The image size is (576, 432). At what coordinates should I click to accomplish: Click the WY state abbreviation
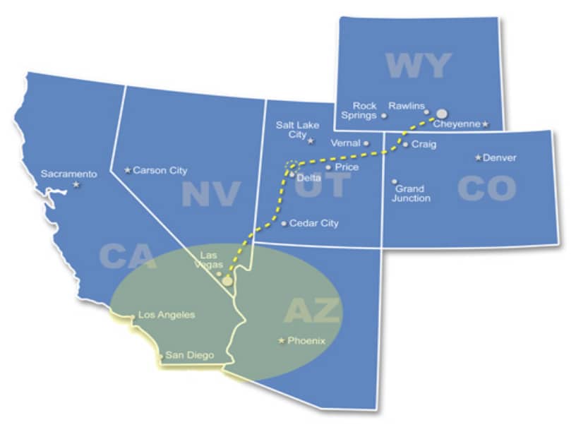point(418,66)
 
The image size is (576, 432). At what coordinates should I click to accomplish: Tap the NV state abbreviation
point(211,193)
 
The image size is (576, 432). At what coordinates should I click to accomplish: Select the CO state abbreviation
point(486,188)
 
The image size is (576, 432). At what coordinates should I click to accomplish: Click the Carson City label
point(160,170)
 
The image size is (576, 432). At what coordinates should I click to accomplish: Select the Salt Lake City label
point(297,130)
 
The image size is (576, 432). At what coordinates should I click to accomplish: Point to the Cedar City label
point(313,223)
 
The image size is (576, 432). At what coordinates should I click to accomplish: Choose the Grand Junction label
point(412,193)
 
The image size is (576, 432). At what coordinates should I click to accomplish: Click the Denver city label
point(499,157)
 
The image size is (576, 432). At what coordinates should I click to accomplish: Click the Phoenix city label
point(306,340)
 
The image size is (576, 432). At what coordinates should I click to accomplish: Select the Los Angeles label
point(167,315)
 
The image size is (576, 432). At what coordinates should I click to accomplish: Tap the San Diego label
point(189,355)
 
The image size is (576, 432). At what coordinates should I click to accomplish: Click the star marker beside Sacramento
point(76,185)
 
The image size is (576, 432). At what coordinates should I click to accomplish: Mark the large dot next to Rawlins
point(441,113)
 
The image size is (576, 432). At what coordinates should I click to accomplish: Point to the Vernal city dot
point(366,143)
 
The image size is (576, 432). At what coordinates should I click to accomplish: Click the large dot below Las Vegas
point(227,280)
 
